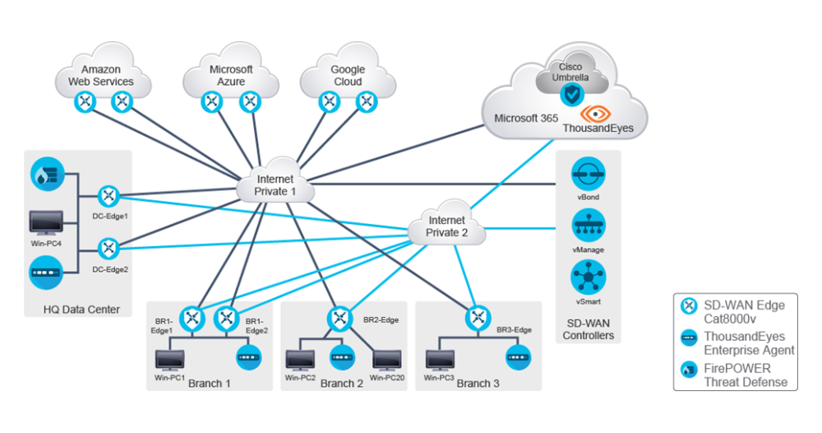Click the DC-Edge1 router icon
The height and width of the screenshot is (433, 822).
click(x=109, y=197)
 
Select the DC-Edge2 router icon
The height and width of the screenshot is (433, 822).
click(x=109, y=248)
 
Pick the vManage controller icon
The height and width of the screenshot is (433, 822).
click(x=589, y=225)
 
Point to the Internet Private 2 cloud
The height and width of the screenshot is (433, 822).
click(x=446, y=226)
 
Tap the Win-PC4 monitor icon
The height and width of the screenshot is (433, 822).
click(x=46, y=223)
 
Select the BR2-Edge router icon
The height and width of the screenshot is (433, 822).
click(x=339, y=318)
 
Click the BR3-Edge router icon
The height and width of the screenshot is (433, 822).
click(x=478, y=318)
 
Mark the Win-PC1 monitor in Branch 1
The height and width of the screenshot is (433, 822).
click(x=170, y=359)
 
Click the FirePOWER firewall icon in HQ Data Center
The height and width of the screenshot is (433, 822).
click(x=46, y=174)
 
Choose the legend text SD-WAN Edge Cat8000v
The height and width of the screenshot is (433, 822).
click(x=744, y=312)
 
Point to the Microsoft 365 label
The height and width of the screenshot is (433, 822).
click(x=526, y=119)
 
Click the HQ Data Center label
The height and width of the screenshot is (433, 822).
click(x=82, y=310)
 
